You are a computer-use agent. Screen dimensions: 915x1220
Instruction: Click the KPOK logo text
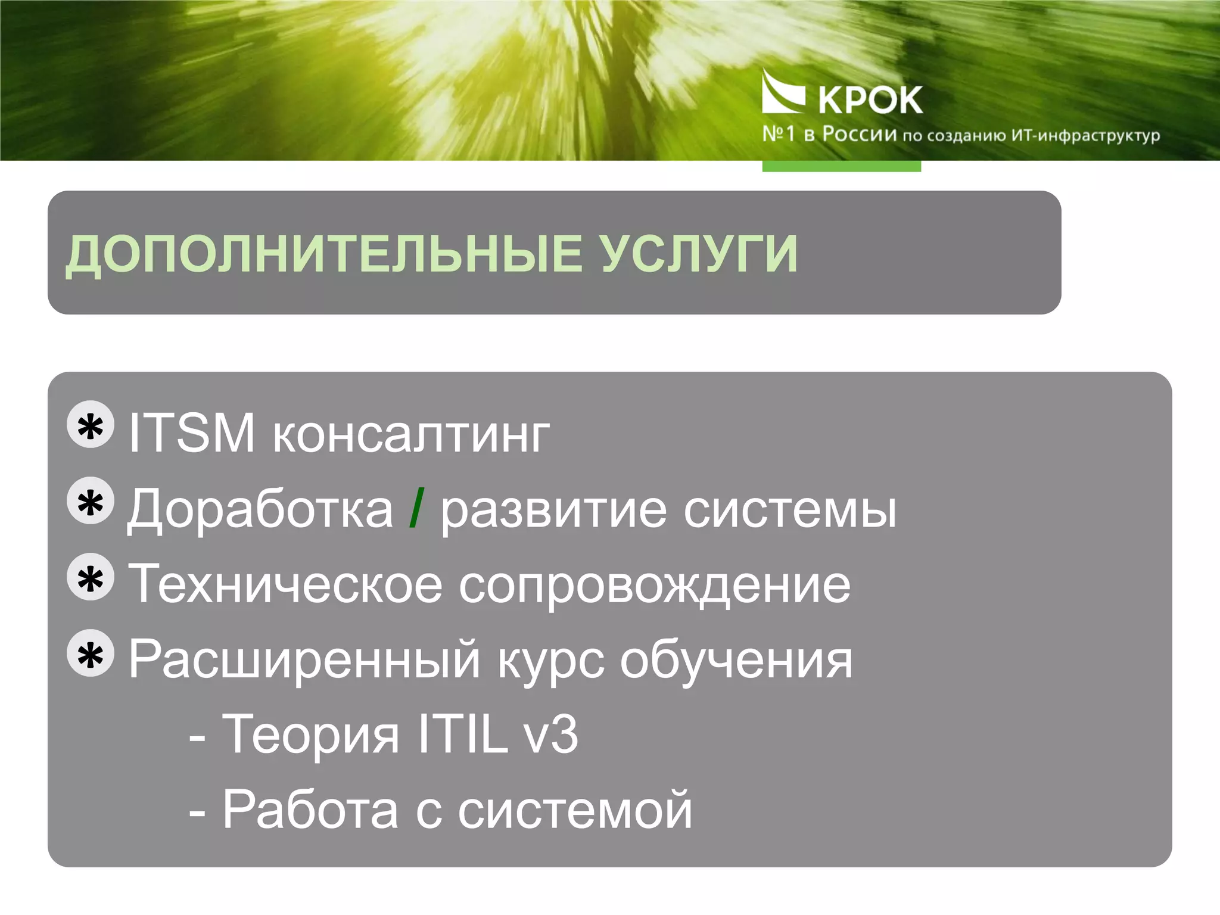pyautogui.click(x=870, y=100)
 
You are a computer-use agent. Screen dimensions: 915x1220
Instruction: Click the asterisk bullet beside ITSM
pyautogui.click(x=91, y=425)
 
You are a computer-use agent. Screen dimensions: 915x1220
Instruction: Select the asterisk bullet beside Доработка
pyautogui.click(x=91, y=502)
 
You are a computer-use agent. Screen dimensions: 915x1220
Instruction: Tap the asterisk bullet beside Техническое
pyautogui.click(x=91, y=577)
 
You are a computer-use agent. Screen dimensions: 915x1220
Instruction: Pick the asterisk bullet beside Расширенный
pyautogui.click(x=91, y=653)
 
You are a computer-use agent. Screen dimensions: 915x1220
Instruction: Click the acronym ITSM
pyautogui.click(x=192, y=433)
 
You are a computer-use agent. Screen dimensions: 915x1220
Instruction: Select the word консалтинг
pyautogui.click(x=411, y=435)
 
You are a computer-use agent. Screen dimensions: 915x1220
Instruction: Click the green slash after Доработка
pyautogui.click(x=417, y=508)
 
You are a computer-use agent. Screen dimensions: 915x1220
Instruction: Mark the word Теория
pyautogui.click(x=310, y=736)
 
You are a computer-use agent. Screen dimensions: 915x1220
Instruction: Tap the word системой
pyautogui.click(x=575, y=811)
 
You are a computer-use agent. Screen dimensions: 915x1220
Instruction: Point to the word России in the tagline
pyautogui.click(x=859, y=135)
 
